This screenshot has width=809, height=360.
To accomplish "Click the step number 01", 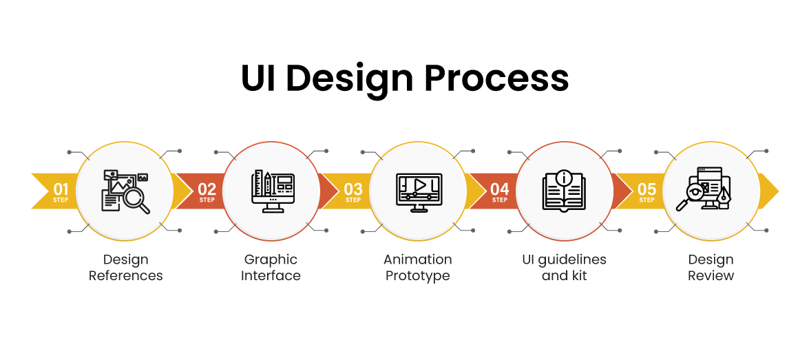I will pyautogui.click(x=61, y=188).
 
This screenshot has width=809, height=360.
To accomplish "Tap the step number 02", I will pyautogui.click(x=207, y=188).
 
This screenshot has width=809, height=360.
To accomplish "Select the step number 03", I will pyautogui.click(x=353, y=188).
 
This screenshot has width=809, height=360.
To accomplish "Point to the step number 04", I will pyautogui.click(x=500, y=188).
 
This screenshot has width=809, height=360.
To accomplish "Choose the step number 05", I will pyautogui.click(x=647, y=188).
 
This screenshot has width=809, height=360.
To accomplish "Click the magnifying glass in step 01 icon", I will pyautogui.click(x=136, y=200).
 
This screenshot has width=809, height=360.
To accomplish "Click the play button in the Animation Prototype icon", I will pyautogui.click(x=419, y=184).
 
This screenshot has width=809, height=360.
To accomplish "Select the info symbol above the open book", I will pyautogui.click(x=565, y=178).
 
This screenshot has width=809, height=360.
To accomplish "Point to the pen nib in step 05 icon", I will pyautogui.click(x=724, y=196).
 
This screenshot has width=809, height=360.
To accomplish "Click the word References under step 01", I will pyautogui.click(x=126, y=276).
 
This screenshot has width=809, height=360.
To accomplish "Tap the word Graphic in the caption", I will pyautogui.click(x=271, y=260).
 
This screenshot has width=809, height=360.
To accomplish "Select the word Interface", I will pyautogui.click(x=271, y=276).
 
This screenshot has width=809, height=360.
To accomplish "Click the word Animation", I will pyautogui.click(x=418, y=260).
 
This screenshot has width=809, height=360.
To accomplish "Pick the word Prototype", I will pyautogui.click(x=418, y=276).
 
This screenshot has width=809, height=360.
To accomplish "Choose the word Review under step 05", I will pyautogui.click(x=711, y=276).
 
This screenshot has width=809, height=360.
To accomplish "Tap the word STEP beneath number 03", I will pyautogui.click(x=353, y=200).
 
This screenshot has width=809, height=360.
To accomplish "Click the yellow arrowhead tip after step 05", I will pyautogui.click(x=774, y=191).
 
